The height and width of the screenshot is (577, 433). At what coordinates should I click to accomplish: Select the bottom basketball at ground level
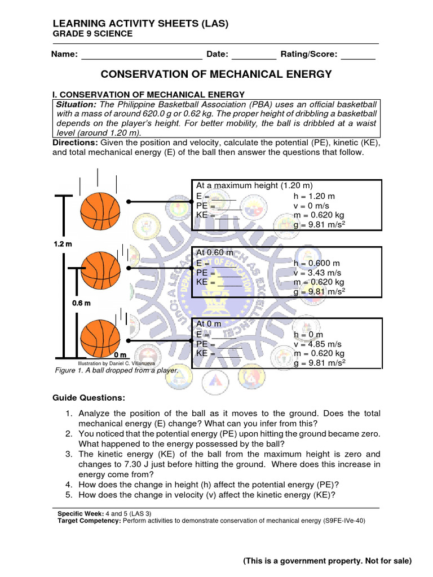(x=100, y=336)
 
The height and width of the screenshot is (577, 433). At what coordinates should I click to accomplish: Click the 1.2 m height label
(x=63, y=244)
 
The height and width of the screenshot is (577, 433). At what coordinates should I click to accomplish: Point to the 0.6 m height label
(x=81, y=303)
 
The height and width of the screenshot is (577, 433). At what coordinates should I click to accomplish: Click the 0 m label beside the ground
(x=120, y=355)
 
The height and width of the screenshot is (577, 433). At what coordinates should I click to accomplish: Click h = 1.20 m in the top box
(x=314, y=196)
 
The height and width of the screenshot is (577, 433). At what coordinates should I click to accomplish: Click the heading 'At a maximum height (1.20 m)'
(x=254, y=185)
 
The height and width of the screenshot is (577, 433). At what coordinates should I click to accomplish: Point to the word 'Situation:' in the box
(x=76, y=105)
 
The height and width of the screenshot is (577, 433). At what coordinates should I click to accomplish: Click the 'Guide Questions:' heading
(x=89, y=398)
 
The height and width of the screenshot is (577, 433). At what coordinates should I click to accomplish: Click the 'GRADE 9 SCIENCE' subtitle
(x=92, y=34)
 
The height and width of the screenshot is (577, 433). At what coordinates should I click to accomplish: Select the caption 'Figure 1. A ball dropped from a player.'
(x=116, y=370)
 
